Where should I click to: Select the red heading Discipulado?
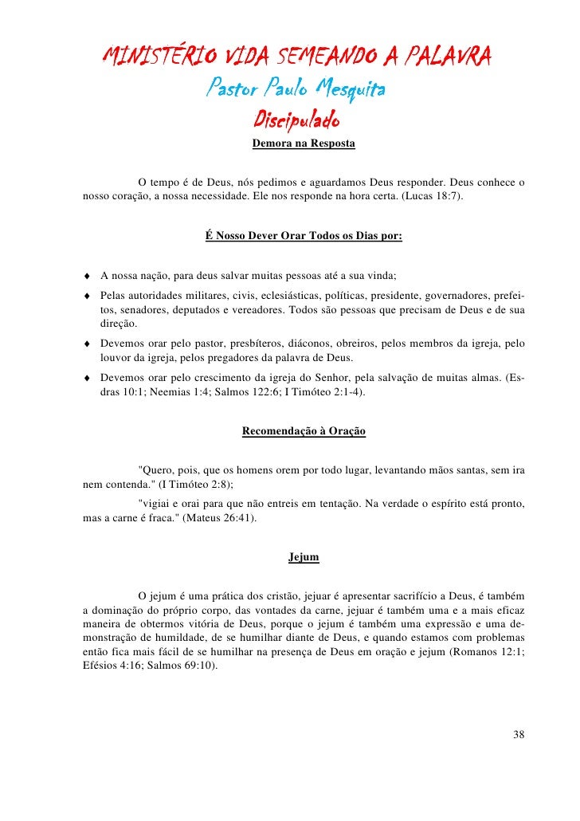(296, 120)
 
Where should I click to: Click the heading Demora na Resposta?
(304, 145)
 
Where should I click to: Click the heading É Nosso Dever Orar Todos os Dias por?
(304, 236)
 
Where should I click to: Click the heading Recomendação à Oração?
(304, 431)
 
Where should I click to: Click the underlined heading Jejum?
(304, 557)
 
